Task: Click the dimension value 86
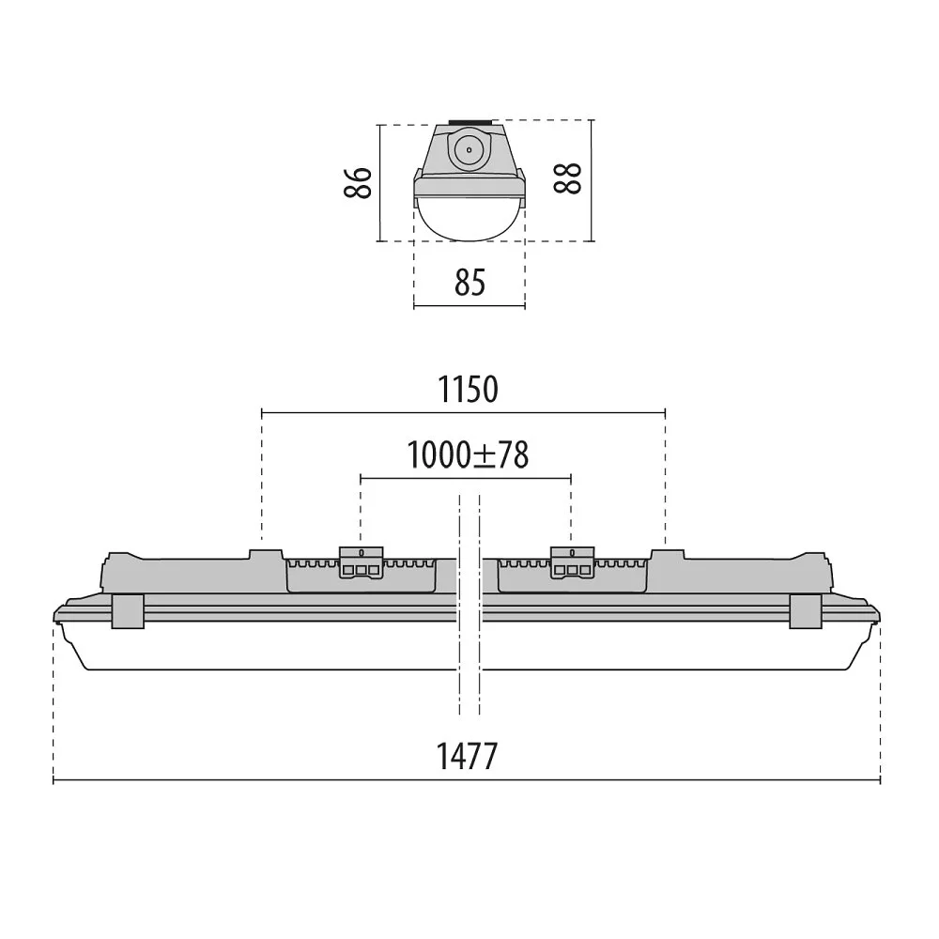pos(358,183)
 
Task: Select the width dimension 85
pos(469,283)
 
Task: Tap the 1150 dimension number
pos(468,390)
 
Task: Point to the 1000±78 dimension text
pos(468,455)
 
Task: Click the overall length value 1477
pos(467,756)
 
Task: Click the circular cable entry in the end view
pos(469,150)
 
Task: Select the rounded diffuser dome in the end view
pos(469,219)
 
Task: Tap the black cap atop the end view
pos(470,121)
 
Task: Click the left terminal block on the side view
pos(362,562)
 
